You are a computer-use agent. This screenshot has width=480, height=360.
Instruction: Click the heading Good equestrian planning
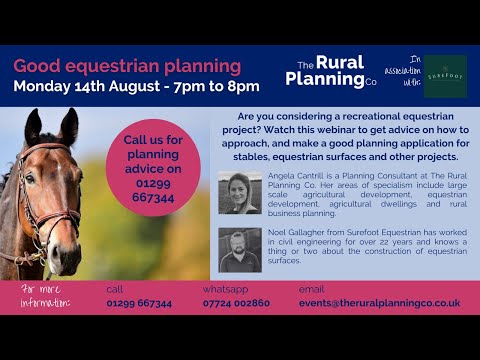pos(128,66)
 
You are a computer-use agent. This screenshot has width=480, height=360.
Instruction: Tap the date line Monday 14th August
pos(136,86)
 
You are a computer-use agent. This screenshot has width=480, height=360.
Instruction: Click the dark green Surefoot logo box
pos(444,76)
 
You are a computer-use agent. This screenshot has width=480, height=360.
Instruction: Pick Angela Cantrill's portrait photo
pos(240,193)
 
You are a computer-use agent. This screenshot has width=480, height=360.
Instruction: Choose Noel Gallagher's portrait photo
pos(240,249)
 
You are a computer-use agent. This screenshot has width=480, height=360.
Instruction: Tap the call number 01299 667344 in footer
pos(139,303)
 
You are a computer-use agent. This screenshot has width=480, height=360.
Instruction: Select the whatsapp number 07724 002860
pos(236,303)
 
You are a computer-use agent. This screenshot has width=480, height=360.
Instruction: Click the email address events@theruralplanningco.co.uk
pos(379,303)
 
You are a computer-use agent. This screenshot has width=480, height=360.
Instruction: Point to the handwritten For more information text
pos(46,296)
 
